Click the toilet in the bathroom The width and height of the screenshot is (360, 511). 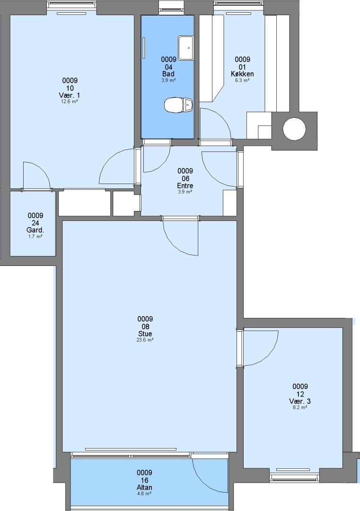click(178, 105)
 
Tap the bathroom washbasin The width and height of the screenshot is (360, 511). click(185, 48)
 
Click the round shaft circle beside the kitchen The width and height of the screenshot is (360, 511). click(294, 129)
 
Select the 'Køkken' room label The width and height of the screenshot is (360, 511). click(242, 74)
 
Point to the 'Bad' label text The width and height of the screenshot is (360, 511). click(168, 74)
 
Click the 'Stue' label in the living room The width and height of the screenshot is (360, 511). click(145, 334)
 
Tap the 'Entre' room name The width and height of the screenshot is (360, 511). click(185, 186)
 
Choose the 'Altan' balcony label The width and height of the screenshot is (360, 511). click(144, 487)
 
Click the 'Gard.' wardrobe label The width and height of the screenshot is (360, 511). click(35, 230)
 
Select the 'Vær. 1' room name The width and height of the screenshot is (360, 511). click(70, 96)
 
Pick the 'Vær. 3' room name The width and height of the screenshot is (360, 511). click(300, 401)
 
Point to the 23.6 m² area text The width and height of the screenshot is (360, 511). click(145, 340)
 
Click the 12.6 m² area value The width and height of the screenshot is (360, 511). click(70, 101)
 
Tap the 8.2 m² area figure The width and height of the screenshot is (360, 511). click(300, 407)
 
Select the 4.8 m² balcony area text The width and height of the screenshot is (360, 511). click(144, 493)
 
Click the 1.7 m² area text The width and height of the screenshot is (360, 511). click(35, 237)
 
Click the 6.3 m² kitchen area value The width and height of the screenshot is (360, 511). click(242, 80)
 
